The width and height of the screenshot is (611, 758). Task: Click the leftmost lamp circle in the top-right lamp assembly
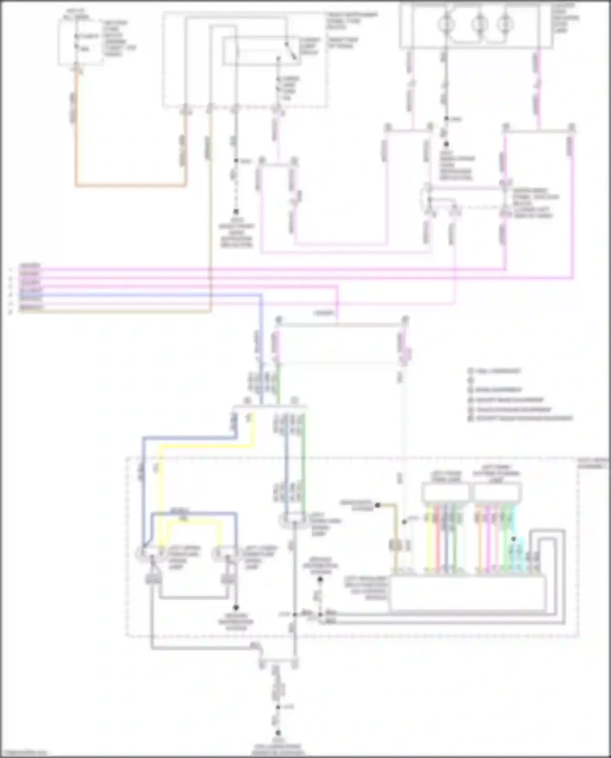tap(446, 24)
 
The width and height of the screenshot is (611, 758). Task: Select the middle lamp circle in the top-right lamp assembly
tap(479, 24)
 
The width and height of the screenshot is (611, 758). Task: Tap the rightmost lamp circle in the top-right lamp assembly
tap(505, 24)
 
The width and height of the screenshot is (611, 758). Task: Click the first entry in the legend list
tap(495, 371)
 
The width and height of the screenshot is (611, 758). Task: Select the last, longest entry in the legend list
tap(521, 418)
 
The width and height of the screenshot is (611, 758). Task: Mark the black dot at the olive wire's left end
tap(378, 505)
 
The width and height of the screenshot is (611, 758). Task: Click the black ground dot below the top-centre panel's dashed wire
tap(235, 212)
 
